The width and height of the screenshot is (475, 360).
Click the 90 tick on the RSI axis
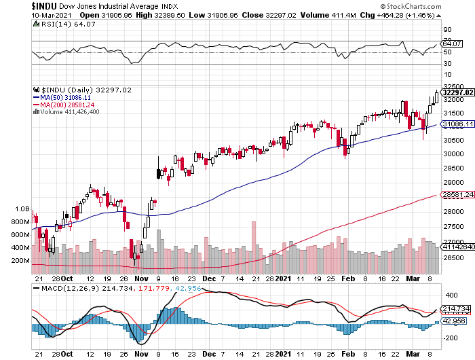[x=448, y=30]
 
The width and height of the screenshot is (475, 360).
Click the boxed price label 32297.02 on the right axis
[x=456, y=92]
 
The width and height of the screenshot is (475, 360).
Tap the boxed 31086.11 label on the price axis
[x=456, y=124]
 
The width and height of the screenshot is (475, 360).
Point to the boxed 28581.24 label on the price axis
[x=456, y=195]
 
